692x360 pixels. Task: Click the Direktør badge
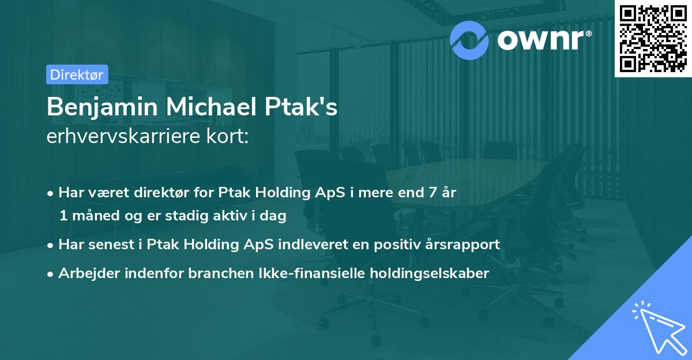pos(76,74)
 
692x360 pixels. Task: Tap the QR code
pos(652,39)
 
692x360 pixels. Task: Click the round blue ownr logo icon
pos(469,39)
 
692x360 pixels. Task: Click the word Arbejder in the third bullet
pos(85,273)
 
